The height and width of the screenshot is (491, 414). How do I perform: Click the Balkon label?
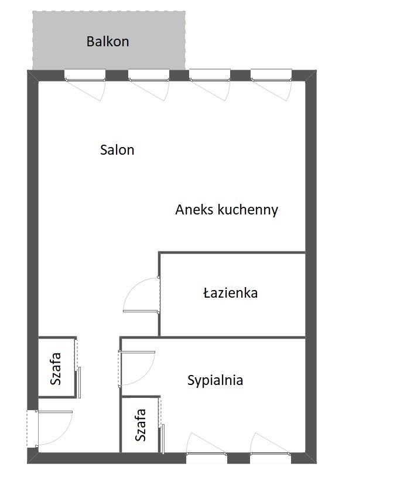tap(108, 42)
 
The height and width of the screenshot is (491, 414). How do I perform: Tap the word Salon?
tap(117, 150)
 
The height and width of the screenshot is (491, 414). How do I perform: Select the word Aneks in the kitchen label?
tap(194, 210)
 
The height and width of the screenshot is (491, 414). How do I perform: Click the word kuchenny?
tap(248, 210)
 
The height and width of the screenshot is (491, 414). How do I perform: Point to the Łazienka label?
tap(230, 293)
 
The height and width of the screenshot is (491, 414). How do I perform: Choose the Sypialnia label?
tap(215, 380)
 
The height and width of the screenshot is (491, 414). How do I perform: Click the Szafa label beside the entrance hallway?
tap(56, 369)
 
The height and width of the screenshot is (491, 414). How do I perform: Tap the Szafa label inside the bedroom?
tap(141, 425)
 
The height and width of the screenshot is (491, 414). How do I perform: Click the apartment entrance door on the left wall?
tap(33, 428)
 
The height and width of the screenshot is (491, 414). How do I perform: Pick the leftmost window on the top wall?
tap(85, 76)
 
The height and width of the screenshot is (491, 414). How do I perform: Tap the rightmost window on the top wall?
tap(271, 76)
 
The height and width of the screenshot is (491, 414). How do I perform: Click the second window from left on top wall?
tap(149, 76)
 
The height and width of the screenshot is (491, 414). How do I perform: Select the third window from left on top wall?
tap(210, 76)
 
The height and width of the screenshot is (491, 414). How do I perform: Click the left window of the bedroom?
tap(207, 458)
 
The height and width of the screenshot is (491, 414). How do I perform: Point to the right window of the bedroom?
tap(271, 458)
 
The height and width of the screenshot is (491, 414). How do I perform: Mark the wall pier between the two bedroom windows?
tap(238, 458)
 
